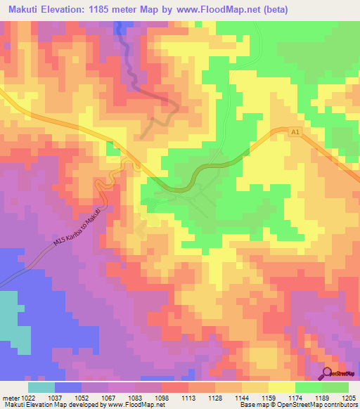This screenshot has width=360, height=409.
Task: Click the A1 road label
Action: (x=295, y=131)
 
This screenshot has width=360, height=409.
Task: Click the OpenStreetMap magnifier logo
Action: (x=327, y=373)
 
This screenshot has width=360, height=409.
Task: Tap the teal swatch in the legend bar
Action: (x=41, y=387)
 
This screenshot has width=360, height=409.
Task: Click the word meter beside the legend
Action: (x=10, y=398)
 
